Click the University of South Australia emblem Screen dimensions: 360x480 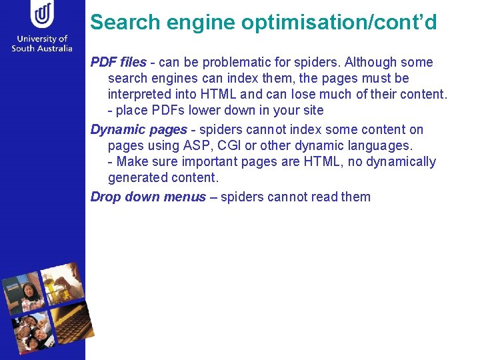[x=43, y=15]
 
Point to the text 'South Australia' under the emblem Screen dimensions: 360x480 [x=43, y=49]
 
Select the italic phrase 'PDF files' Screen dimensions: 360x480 [x=118, y=63]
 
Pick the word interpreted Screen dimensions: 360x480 [x=140, y=95]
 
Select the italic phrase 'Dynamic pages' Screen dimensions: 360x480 [x=139, y=129]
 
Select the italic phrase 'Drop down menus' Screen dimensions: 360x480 [x=148, y=197]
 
